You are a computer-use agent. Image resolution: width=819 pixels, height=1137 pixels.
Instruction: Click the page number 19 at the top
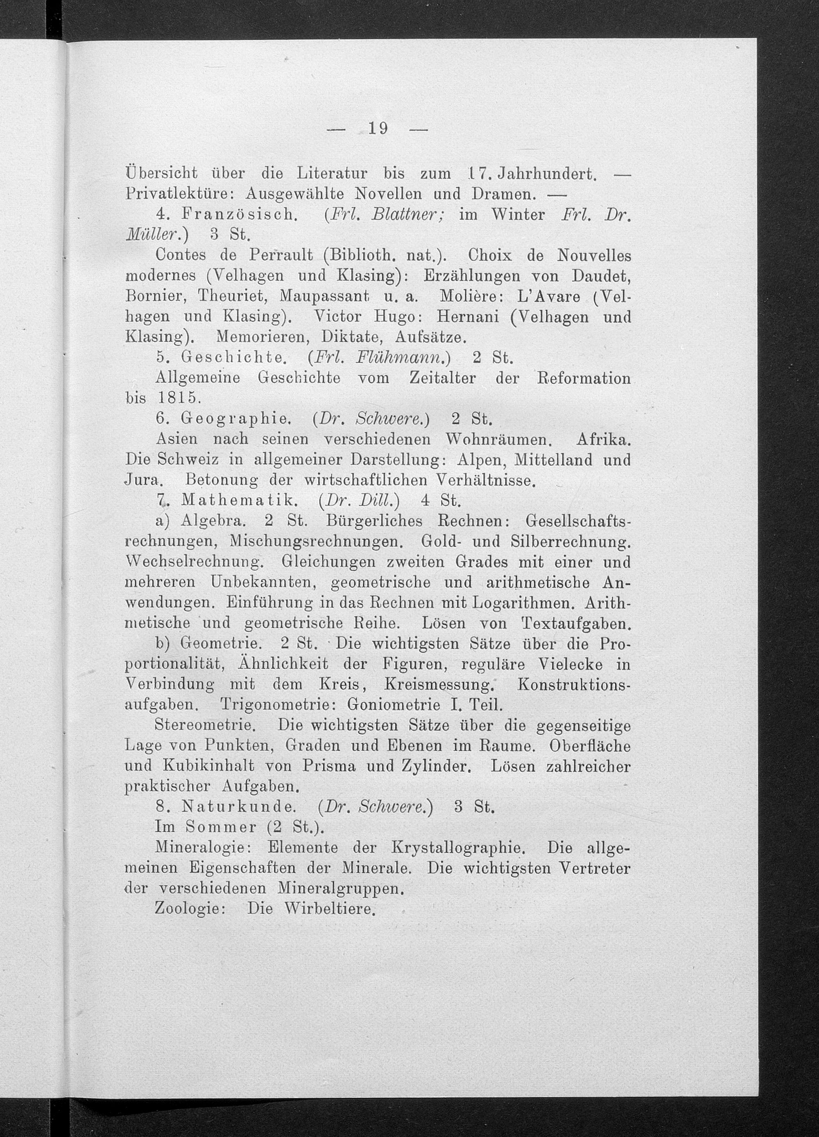click(378, 129)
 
